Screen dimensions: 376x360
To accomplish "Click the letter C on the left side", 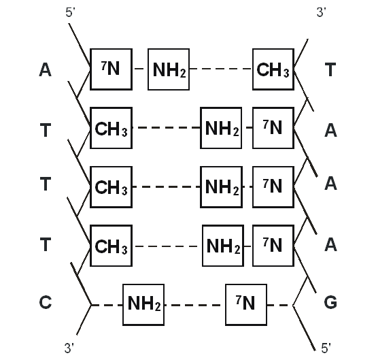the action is [x=46, y=302].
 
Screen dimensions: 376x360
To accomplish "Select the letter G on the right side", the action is [x=330, y=302].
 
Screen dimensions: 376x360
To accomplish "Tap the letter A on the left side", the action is [x=45, y=70].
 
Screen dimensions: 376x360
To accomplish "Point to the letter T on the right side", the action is [x=330, y=69].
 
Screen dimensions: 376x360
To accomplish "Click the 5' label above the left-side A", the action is [x=71, y=12].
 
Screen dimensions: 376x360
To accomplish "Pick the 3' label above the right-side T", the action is [x=322, y=12].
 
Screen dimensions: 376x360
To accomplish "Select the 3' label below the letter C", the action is [x=69, y=348].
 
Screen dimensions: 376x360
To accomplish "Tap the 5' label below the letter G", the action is [x=326, y=348].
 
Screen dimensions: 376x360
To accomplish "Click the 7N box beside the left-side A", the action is [x=112, y=69].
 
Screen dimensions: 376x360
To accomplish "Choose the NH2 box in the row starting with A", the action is [x=169, y=69].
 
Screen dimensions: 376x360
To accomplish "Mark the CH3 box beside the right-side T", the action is [x=273, y=69].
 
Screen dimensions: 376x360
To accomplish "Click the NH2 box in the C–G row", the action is [x=143, y=305].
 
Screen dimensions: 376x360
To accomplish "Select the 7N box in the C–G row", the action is [x=246, y=305].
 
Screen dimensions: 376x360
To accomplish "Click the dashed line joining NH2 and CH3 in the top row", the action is [x=221, y=69].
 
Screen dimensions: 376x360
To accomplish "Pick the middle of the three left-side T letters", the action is [x=46, y=184].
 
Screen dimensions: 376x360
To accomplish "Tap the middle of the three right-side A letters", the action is [x=330, y=184].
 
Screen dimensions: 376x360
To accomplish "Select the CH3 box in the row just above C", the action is [x=112, y=246].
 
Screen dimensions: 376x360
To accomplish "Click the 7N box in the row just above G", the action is [x=273, y=246].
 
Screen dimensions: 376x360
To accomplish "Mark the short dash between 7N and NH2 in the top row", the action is [x=139, y=69].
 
